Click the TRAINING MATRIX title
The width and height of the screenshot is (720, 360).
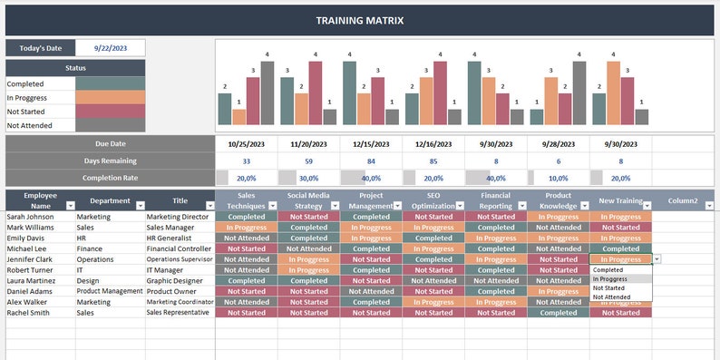tap(360, 19)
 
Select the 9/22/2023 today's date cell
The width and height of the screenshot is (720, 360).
tap(110, 48)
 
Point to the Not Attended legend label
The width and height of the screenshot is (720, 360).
tap(29, 125)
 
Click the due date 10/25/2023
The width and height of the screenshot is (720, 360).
tap(246, 143)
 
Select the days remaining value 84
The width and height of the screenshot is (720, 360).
tap(371, 161)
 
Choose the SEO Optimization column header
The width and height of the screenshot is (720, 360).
tap(433, 199)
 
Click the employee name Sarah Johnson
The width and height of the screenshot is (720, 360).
tap(30, 217)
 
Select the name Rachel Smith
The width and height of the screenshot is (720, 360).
tap(28, 312)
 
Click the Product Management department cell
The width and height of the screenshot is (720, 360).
tap(110, 291)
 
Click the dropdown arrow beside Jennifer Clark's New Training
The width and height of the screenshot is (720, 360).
tap(657, 259)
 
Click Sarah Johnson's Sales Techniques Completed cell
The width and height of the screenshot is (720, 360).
tap(246, 217)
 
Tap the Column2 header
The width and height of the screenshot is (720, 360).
tap(683, 199)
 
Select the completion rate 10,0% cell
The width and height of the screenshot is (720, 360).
tap(559, 178)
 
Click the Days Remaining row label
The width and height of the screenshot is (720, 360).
tap(110, 161)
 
